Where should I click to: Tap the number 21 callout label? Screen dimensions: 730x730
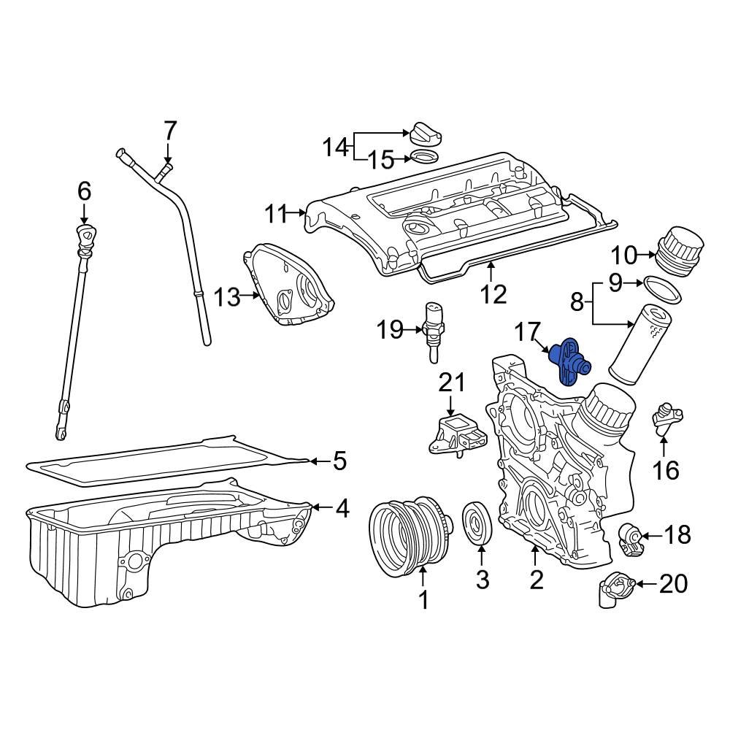click(451, 383)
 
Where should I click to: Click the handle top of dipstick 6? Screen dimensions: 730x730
click(86, 237)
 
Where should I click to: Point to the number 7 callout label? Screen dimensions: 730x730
click(169, 131)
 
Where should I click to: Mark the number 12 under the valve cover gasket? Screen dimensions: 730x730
click(493, 293)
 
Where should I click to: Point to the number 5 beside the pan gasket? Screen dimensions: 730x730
click(339, 461)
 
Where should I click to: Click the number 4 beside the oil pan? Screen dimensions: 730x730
click(342, 509)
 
